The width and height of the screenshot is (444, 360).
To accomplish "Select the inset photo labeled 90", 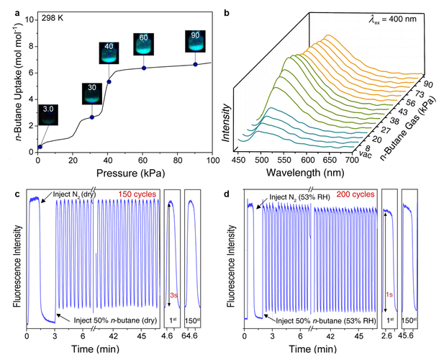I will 196,40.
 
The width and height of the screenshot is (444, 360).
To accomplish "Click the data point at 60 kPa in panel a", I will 144,68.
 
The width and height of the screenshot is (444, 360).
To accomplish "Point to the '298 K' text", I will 53,16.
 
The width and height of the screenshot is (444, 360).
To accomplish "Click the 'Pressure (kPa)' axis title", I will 125,174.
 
